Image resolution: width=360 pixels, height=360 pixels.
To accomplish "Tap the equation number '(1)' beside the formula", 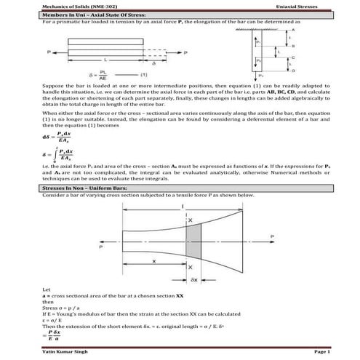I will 145,74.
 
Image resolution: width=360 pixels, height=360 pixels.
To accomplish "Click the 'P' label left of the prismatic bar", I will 47,52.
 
